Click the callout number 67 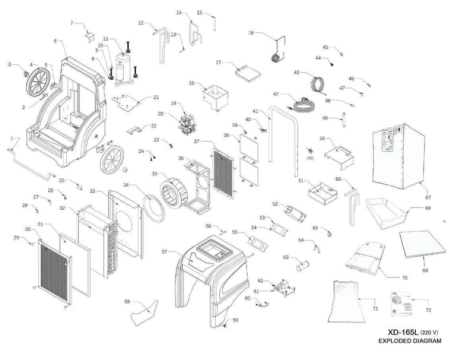tap(428, 197)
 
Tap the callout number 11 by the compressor tap(106, 39)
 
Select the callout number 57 tap(164, 252)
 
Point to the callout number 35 tap(154, 173)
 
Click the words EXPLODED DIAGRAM tap(410, 341)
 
